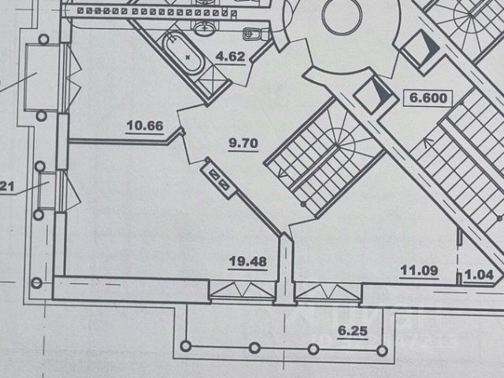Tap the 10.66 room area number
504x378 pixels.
(144, 124)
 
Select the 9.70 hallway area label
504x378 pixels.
(243, 143)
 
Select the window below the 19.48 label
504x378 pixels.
(242, 293)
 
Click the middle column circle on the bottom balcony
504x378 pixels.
(254, 347)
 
